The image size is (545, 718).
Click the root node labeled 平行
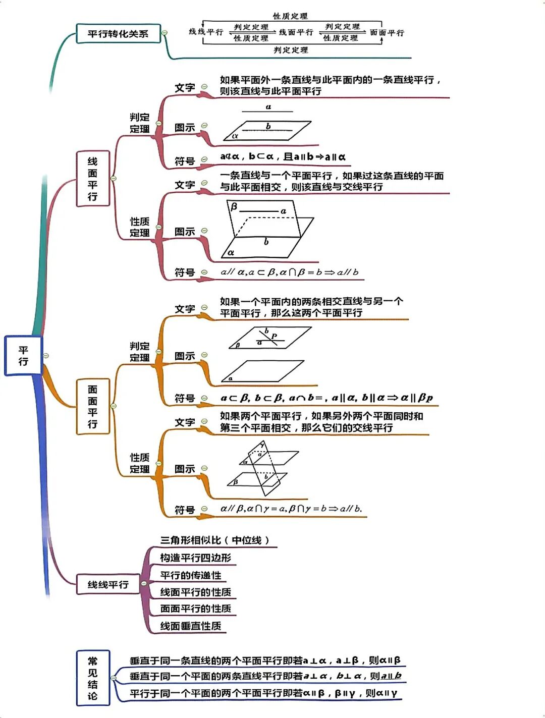coord(23,356)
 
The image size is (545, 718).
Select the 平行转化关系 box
coord(118,34)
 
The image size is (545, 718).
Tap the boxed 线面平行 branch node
coord(92,179)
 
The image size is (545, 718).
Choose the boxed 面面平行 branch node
coord(92,407)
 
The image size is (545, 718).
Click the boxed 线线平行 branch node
coord(108,584)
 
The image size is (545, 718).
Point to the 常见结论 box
coord(92,678)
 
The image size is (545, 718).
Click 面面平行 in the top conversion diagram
coord(387,33)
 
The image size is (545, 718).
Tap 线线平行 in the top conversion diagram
coord(206,32)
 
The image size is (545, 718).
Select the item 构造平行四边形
coord(195,558)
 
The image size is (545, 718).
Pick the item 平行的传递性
coord(191,575)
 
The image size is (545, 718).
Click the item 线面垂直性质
coord(191,626)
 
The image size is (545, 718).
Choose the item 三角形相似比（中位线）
coord(215,540)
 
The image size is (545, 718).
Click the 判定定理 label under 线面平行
coord(139,123)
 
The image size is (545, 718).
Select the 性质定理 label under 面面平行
coord(139,463)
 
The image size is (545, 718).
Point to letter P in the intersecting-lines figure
coord(274,336)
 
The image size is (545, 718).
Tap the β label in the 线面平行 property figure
coord(234,206)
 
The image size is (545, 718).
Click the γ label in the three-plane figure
coord(262,445)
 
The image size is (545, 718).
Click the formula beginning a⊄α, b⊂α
coord(283,157)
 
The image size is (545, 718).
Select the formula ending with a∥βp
coord(326,398)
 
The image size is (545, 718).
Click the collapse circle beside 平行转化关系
coord(165,33)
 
